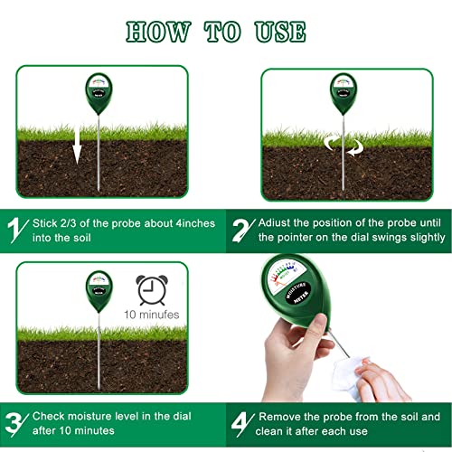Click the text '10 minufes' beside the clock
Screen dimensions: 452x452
(x=152, y=315)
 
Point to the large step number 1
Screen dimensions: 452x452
(x=15, y=230)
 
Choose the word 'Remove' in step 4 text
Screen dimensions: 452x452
(x=280, y=416)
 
